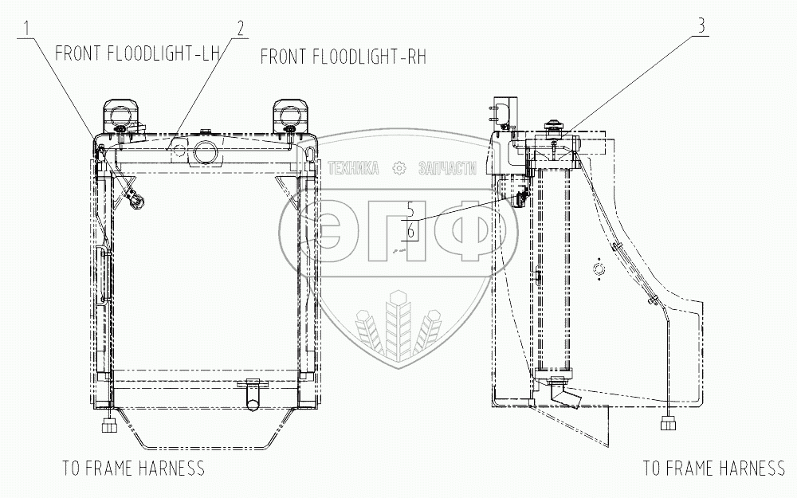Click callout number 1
tap(29, 29)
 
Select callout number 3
tap(701, 25)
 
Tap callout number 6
tap(410, 231)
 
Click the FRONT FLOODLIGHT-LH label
tap(137, 53)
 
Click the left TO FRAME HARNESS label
tap(133, 468)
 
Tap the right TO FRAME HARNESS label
tap(714, 468)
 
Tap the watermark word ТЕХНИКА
tap(355, 168)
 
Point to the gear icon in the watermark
tap(398, 168)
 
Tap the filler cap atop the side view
tap(551, 126)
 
